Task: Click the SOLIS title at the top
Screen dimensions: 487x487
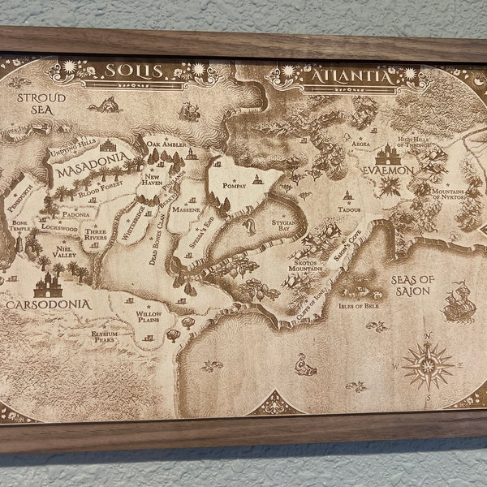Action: (x=134, y=71)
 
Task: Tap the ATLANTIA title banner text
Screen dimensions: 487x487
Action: (x=352, y=79)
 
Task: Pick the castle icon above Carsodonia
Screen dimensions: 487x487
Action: (x=48, y=283)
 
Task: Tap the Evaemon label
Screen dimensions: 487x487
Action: (x=388, y=171)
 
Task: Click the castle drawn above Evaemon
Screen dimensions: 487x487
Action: (x=387, y=153)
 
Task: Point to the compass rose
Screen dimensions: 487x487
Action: (x=428, y=364)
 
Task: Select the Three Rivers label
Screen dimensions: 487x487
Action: (x=97, y=235)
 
